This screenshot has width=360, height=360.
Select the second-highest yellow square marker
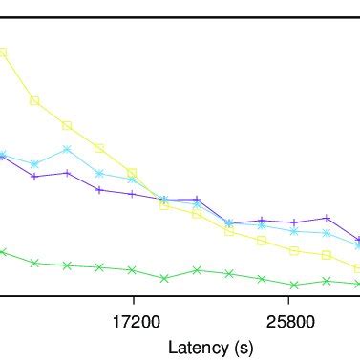34,100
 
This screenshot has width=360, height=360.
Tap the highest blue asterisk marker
67,149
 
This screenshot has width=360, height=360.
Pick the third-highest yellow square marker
67,125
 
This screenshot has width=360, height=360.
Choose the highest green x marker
3,252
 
